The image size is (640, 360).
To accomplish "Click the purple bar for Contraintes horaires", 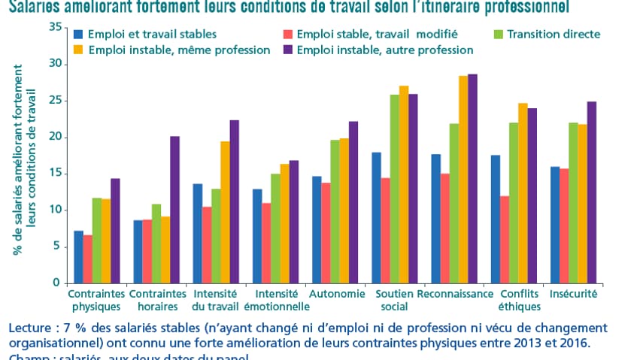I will coord(174,210).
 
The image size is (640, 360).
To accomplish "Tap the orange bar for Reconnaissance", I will coord(463,180).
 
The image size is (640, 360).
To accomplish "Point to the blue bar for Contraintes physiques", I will coord(78,257).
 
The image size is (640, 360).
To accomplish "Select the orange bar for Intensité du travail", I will coord(225,212).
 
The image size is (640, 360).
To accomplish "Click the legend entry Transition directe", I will coord(554,35).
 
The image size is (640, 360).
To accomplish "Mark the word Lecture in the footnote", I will coord(30,329).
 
